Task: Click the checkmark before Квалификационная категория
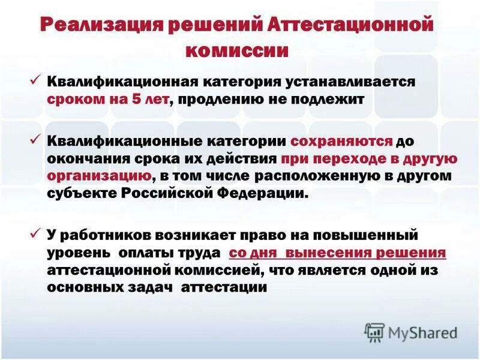coord(35,79)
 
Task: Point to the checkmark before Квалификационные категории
coord(35,139)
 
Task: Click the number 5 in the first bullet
coord(137,99)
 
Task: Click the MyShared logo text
coord(422,332)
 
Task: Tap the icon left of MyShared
coord(374,331)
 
